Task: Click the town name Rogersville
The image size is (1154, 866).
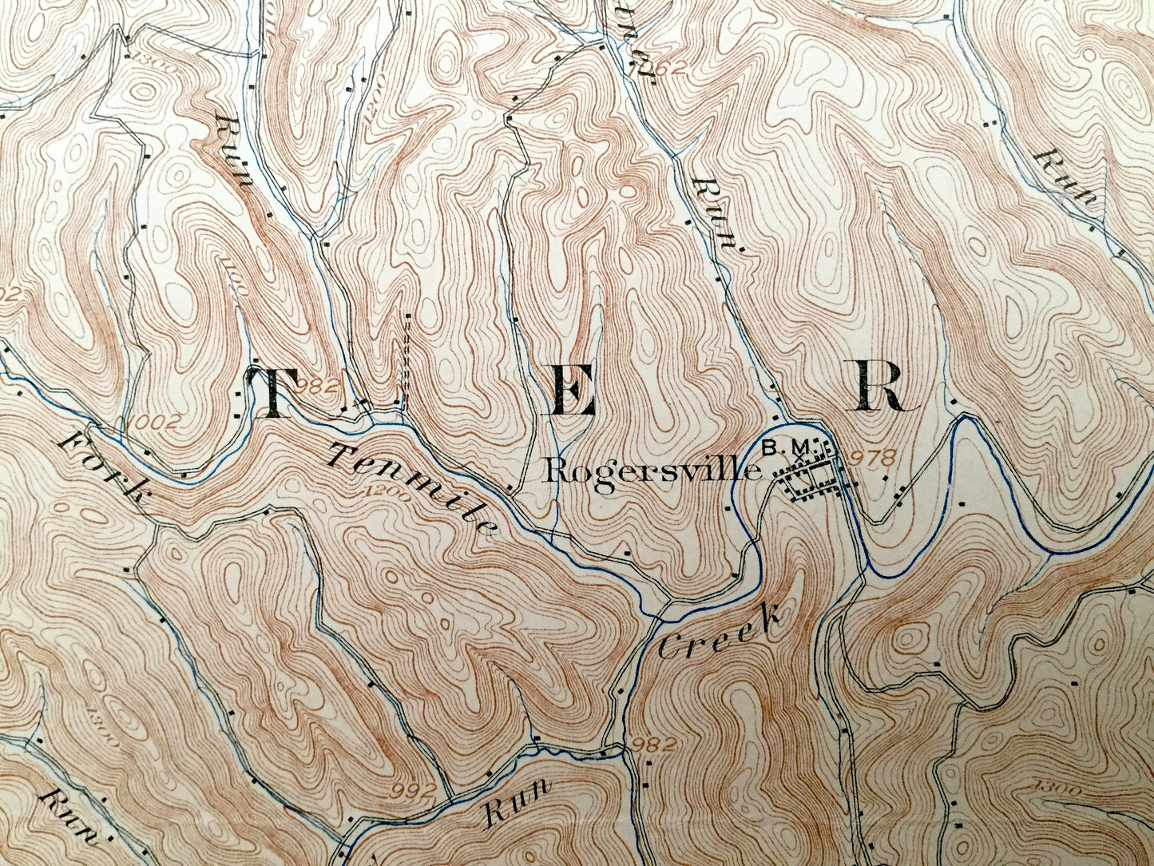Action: [x=651, y=471]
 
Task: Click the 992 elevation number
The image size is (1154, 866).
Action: [x=415, y=791]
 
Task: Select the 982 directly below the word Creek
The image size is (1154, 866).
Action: [x=648, y=745]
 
